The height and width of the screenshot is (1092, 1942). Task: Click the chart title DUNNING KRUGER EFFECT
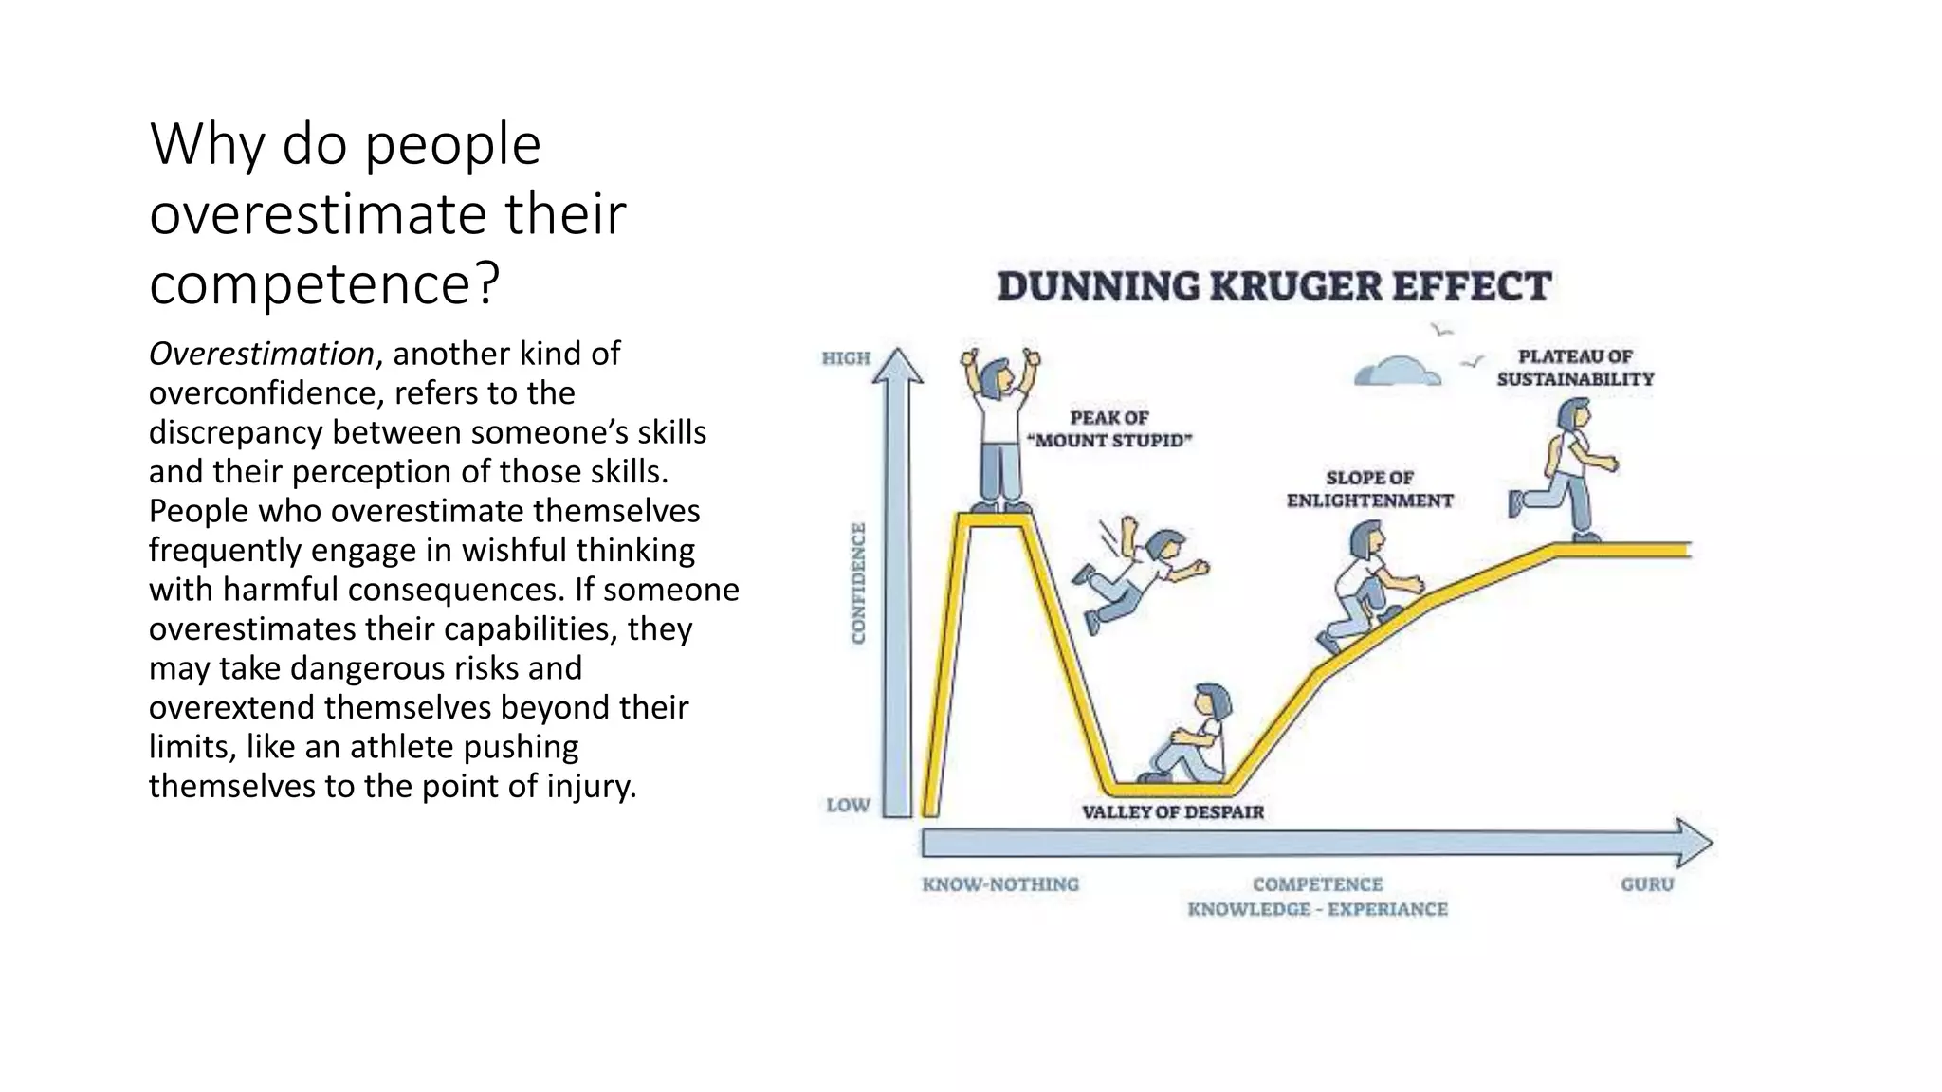(x=1273, y=286)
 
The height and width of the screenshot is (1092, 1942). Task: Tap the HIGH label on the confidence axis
(x=846, y=358)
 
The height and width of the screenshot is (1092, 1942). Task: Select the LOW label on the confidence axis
(x=848, y=805)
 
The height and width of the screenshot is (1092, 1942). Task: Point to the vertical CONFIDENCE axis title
(x=858, y=583)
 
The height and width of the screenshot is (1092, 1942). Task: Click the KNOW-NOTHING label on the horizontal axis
(x=1000, y=884)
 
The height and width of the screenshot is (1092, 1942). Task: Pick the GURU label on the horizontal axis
(x=1647, y=884)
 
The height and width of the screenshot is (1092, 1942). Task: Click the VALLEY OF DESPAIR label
(x=1173, y=812)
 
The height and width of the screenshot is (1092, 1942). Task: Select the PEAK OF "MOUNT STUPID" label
(x=1109, y=428)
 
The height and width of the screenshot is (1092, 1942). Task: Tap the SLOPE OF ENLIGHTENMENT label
(x=1369, y=489)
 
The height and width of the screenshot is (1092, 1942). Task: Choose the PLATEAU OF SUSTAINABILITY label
(x=1575, y=368)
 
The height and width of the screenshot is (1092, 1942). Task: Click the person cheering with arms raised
(x=1000, y=431)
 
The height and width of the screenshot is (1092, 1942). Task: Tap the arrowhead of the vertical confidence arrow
(x=897, y=366)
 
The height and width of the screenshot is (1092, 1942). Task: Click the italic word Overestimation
(x=261, y=354)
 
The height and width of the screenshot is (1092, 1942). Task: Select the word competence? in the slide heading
(x=323, y=282)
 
